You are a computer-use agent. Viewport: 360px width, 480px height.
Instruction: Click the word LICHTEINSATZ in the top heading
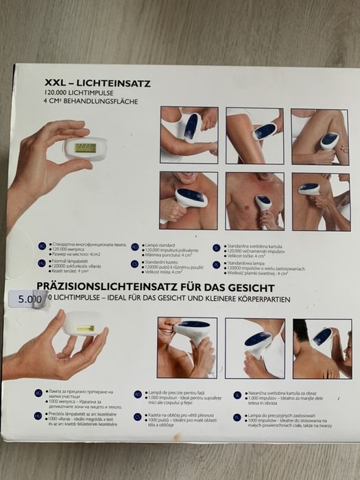point(106,80)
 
